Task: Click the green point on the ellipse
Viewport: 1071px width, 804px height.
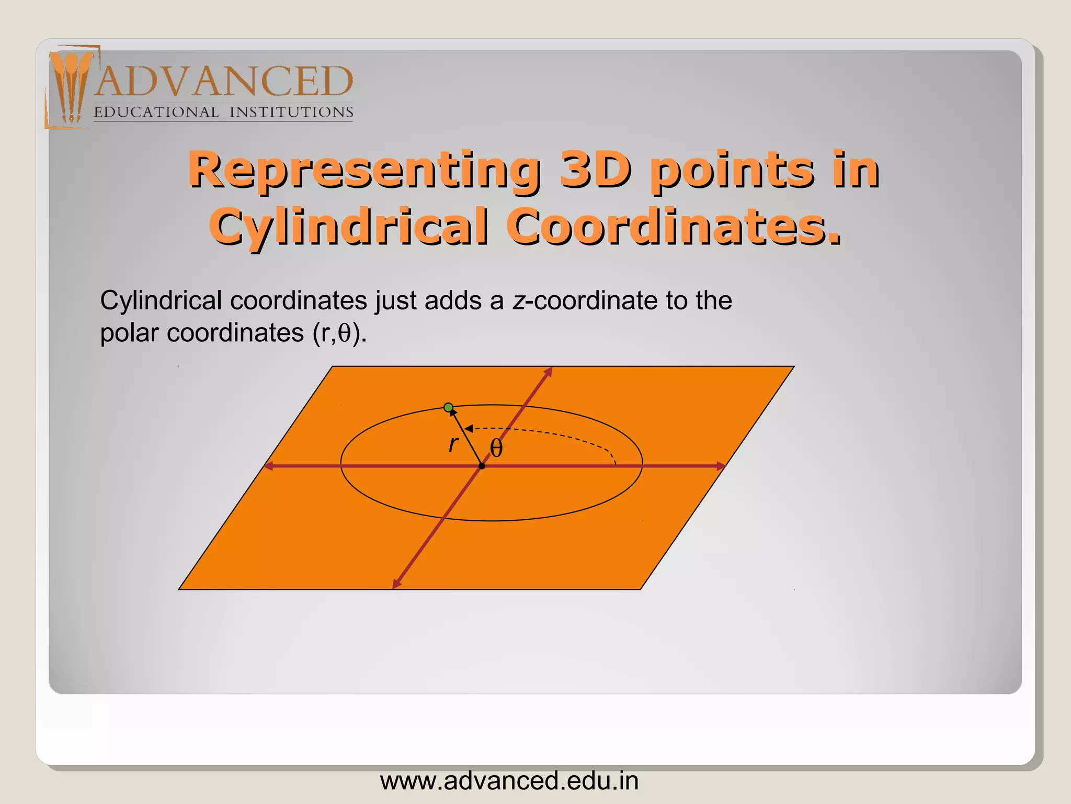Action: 448,407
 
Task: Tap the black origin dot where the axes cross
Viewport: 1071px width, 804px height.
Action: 482,466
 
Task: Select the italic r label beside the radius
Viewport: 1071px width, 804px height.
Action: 453,444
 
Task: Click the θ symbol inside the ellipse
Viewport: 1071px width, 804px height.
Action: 496,449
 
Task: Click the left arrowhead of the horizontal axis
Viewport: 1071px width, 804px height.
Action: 268,466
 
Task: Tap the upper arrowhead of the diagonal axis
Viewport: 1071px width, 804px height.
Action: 549,371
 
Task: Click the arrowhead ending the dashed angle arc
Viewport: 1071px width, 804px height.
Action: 469,429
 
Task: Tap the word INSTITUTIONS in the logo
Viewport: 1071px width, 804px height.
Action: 291,113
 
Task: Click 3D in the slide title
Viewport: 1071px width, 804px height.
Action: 595,170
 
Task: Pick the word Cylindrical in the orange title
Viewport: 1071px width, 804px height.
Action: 349,226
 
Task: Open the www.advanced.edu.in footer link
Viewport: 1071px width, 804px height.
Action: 509,781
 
